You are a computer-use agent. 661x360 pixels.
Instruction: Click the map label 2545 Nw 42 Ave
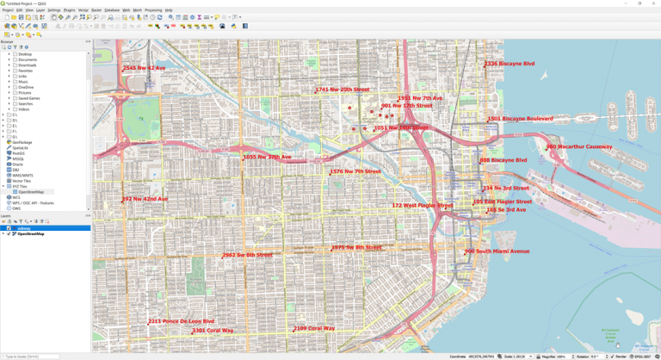(x=144, y=68)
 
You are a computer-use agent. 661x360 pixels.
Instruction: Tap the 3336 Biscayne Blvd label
(x=510, y=64)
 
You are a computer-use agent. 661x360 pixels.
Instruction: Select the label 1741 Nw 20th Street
(x=342, y=90)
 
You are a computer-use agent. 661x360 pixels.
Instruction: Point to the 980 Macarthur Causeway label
(x=578, y=147)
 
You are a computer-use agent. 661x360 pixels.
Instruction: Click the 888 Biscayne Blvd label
(x=503, y=160)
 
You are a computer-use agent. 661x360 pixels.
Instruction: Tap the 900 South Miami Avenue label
(x=497, y=251)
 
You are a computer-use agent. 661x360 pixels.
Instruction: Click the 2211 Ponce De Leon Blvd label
(x=181, y=321)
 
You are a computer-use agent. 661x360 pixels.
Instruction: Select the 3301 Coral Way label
(x=213, y=331)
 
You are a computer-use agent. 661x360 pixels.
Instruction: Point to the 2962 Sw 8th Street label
(x=247, y=255)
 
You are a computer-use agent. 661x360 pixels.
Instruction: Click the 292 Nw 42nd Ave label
(x=145, y=199)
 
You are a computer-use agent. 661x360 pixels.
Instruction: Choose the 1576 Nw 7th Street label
(x=355, y=171)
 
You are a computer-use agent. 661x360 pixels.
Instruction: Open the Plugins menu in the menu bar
(x=69, y=10)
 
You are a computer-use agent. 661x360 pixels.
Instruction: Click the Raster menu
(x=96, y=10)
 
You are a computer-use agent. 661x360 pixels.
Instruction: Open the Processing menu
(x=153, y=10)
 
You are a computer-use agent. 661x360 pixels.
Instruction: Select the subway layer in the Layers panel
(x=24, y=228)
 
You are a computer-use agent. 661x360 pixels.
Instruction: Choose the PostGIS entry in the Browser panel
(x=20, y=153)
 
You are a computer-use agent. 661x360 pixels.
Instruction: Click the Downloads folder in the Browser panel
(x=28, y=65)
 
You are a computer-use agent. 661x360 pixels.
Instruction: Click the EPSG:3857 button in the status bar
(x=641, y=357)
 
